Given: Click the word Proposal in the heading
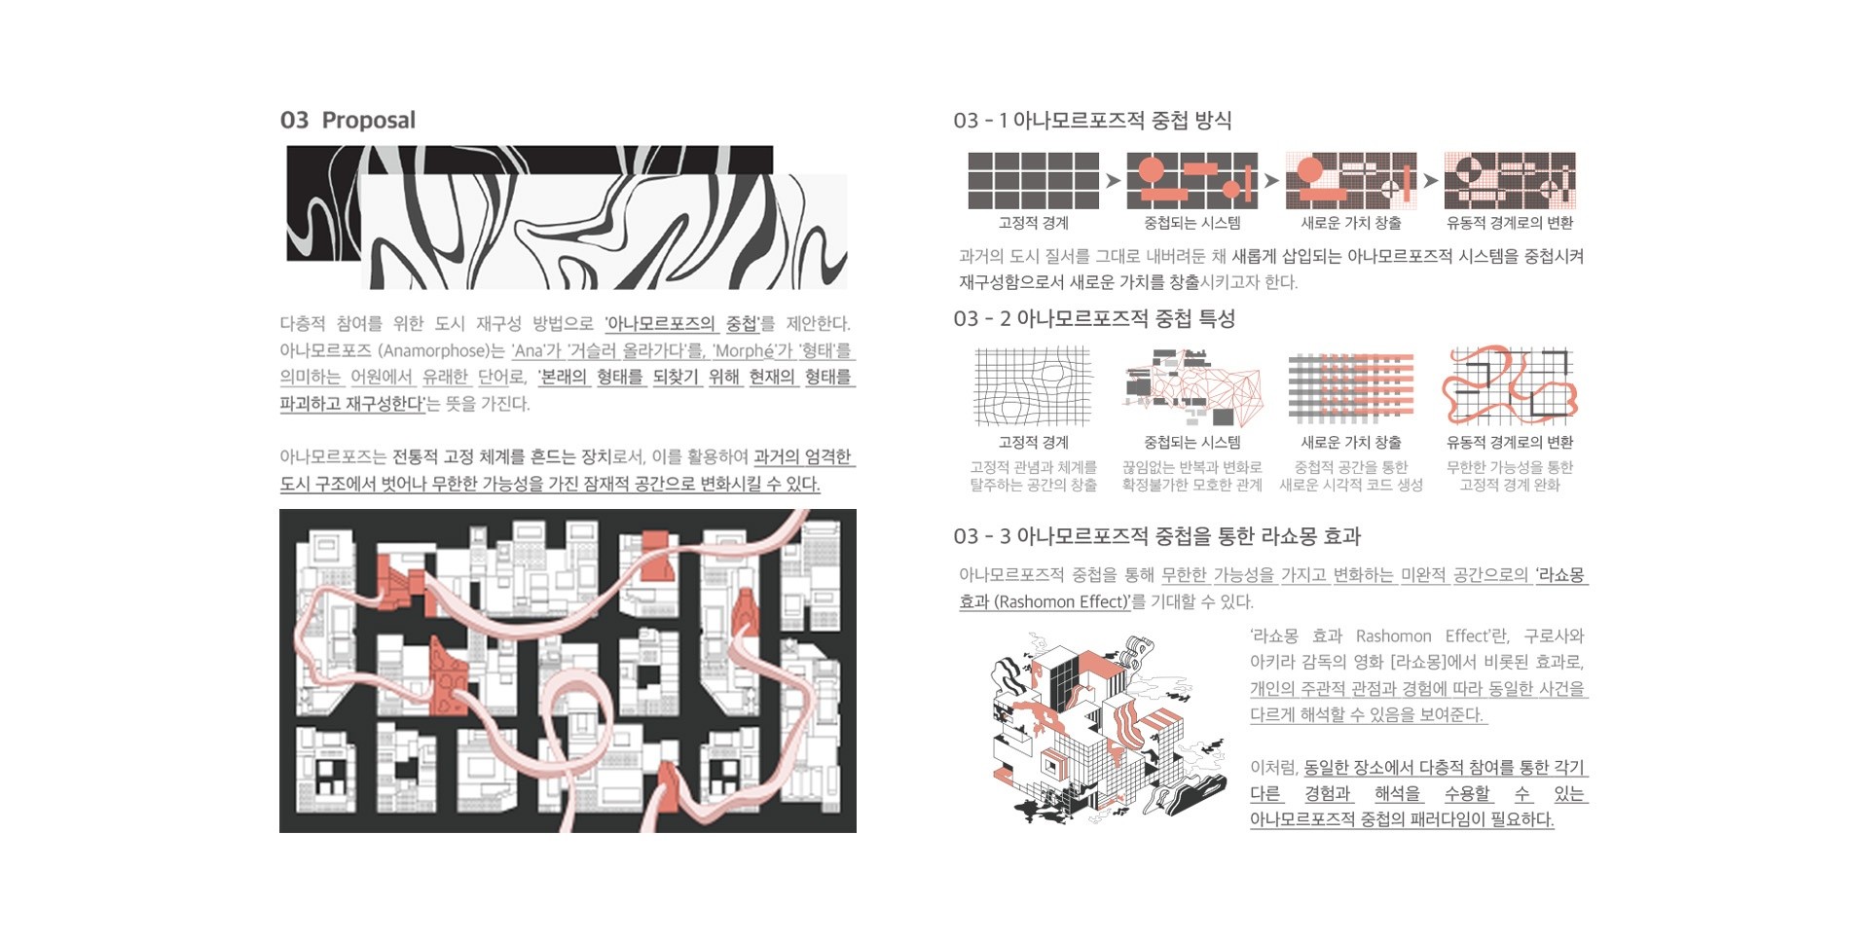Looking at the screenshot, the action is point(368,120).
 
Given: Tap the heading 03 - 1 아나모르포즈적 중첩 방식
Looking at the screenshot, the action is point(1092,121).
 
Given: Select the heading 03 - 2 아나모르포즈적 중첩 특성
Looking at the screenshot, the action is point(1094,318).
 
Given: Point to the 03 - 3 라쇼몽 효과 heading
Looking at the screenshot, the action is point(1156,536).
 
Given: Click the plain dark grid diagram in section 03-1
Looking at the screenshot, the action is point(1033,180).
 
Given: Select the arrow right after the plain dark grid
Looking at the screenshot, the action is point(1113,180).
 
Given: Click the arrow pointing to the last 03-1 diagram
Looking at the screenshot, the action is point(1430,180).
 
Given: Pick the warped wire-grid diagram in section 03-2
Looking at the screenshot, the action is point(1033,386).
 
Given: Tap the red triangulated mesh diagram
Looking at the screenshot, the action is point(1192,386).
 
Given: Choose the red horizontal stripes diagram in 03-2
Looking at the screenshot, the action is point(1351,387).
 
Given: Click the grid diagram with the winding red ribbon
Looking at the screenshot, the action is point(1510,385).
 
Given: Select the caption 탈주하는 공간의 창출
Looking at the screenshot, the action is point(1033,485).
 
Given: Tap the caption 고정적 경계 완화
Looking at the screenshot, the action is point(1510,485).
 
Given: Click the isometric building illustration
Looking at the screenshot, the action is point(1108,728).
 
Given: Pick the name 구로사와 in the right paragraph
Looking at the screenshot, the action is point(1554,635).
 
